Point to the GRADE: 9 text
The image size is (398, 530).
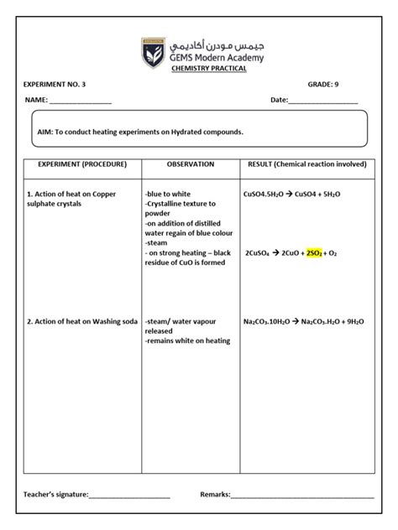pos(323,85)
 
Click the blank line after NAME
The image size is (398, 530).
pos(81,101)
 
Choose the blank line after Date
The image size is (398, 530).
pos(323,101)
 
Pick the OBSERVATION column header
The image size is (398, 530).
pos(191,164)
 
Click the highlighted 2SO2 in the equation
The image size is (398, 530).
pos(315,252)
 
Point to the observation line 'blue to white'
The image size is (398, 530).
pos(169,194)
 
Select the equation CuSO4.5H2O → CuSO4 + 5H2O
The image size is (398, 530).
pos(291,194)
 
